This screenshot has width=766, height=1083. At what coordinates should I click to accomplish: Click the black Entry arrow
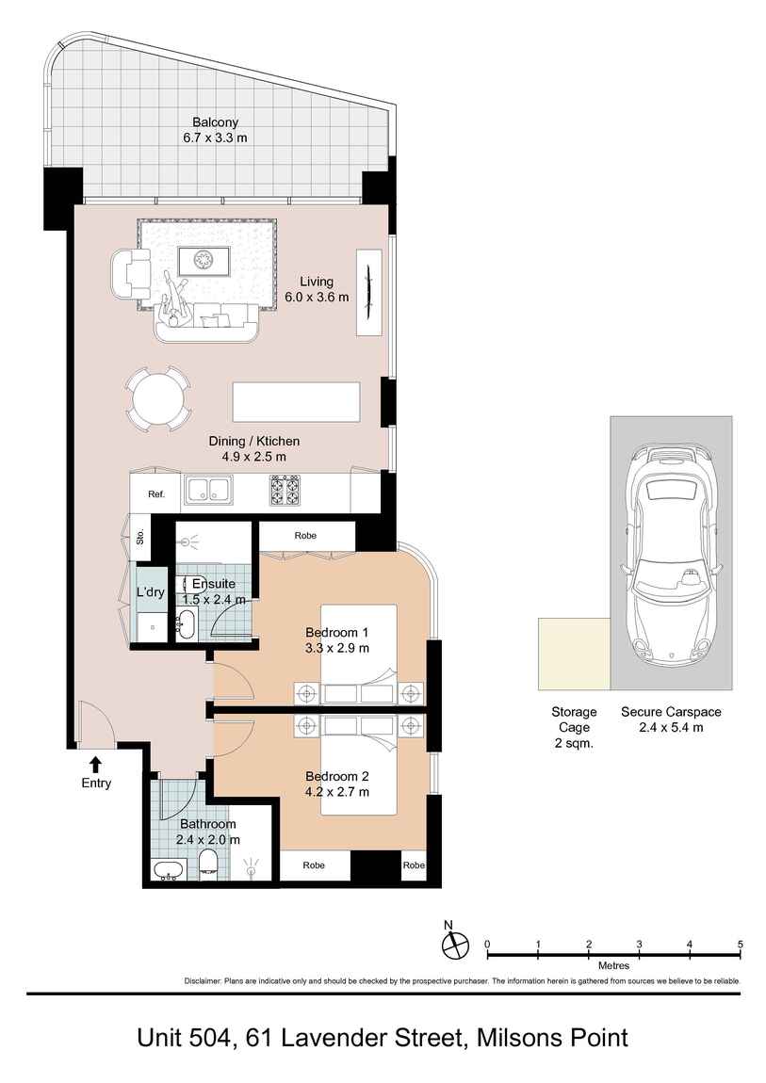[x=95, y=764]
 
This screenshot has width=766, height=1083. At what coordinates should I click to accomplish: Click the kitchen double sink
[x=209, y=490]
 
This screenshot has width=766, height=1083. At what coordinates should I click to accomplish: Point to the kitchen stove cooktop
[x=285, y=490]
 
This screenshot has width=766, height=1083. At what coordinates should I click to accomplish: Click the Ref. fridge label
[x=155, y=494]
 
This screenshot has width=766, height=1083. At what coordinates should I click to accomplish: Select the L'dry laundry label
[x=151, y=593]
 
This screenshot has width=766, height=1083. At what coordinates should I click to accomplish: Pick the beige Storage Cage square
[x=574, y=654]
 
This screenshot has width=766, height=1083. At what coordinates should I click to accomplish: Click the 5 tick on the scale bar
[x=741, y=944]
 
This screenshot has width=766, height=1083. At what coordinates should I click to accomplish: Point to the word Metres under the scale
[x=613, y=966]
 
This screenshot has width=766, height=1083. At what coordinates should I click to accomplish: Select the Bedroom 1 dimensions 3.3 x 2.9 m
[x=336, y=648]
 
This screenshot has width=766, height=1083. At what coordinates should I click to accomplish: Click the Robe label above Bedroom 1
[x=305, y=535]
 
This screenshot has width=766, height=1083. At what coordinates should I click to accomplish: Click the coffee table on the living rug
[x=204, y=260]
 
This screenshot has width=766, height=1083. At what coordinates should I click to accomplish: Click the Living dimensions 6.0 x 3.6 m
[x=317, y=297]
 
